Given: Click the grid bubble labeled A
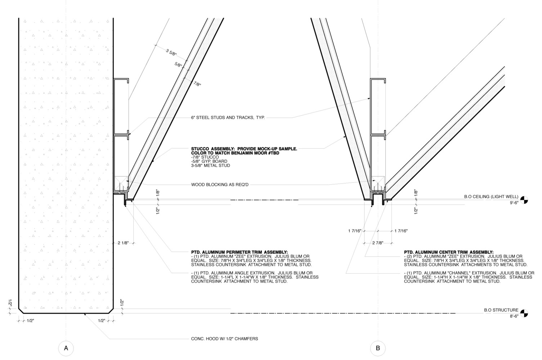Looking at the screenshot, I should pyautogui.click(x=66, y=348).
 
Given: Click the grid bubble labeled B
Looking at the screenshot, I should pyautogui.click(x=378, y=348).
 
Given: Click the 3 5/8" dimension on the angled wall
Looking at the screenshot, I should pyautogui.click(x=171, y=53).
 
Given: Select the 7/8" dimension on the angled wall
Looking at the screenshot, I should pyautogui.click(x=197, y=84).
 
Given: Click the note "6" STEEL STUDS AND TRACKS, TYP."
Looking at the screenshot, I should pyautogui.click(x=228, y=117).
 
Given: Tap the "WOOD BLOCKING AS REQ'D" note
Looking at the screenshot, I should pyautogui.click(x=220, y=185).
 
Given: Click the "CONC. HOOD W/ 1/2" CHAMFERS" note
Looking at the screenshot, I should pyautogui.click(x=224, y=339).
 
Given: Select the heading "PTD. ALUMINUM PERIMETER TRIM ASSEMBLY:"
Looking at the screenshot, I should pyautogui.click(x=239, y=252).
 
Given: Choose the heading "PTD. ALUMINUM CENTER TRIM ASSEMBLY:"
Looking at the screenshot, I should pyautogui.click(x=449, y=252).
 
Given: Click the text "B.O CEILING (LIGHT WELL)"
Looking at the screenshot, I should pyautogui.click(x=491, y=197).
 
